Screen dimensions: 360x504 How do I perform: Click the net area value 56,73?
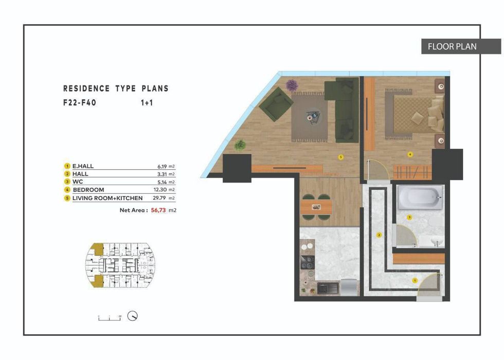(158, 210)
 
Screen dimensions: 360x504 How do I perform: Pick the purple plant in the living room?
(292, 85)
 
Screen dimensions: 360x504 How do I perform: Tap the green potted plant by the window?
(240, 145)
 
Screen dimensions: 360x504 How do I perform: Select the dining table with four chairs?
(316, 207)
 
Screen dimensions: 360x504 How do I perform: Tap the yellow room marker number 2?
(379, 235)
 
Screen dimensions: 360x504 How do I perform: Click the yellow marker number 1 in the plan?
(415, 280)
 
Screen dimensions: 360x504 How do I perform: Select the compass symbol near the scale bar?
(133, 316)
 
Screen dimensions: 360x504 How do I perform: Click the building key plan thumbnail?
(119, 266)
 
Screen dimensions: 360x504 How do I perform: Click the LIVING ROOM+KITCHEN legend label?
(107, 198)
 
